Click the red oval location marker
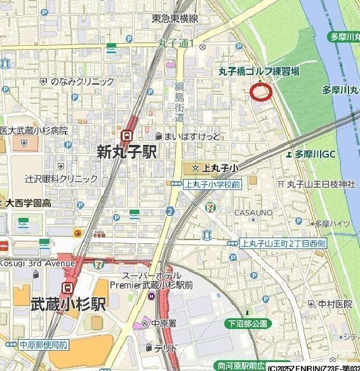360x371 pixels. point(261,92)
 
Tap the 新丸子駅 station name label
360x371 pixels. point(127,152)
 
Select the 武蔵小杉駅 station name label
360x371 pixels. point(67,304)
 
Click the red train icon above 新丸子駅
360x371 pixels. point(127,135)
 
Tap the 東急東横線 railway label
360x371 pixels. point(175,20)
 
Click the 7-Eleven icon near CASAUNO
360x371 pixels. point(209,208)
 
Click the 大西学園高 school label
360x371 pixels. point(29,203)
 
